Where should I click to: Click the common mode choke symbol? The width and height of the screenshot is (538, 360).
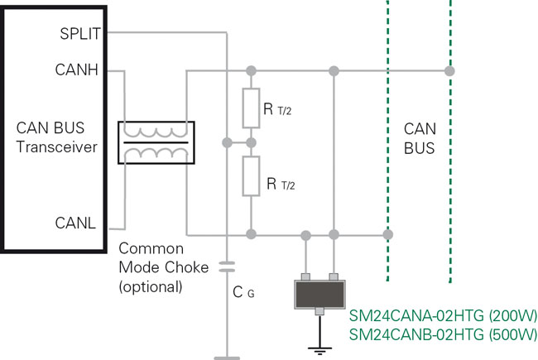tap(156, 142)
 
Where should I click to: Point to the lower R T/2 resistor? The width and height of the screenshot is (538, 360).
tap(251, 177)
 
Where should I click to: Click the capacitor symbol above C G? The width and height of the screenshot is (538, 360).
tap(226, 267)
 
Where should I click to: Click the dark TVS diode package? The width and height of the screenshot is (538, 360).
tap(319, 293)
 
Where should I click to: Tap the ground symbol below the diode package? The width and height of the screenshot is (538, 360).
tap(319, 348)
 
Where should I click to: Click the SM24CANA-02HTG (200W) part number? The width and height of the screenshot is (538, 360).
tap(442, 315)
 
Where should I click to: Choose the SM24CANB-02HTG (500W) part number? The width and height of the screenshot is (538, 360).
tap(442, 335)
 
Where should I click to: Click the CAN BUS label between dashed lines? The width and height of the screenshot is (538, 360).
tap(419, 139)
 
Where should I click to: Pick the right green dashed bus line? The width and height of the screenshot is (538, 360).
tap(450, 166)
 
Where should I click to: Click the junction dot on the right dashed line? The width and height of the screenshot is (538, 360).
tap(450, 70)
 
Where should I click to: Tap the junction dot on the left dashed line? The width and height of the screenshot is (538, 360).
tap(387, 235)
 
